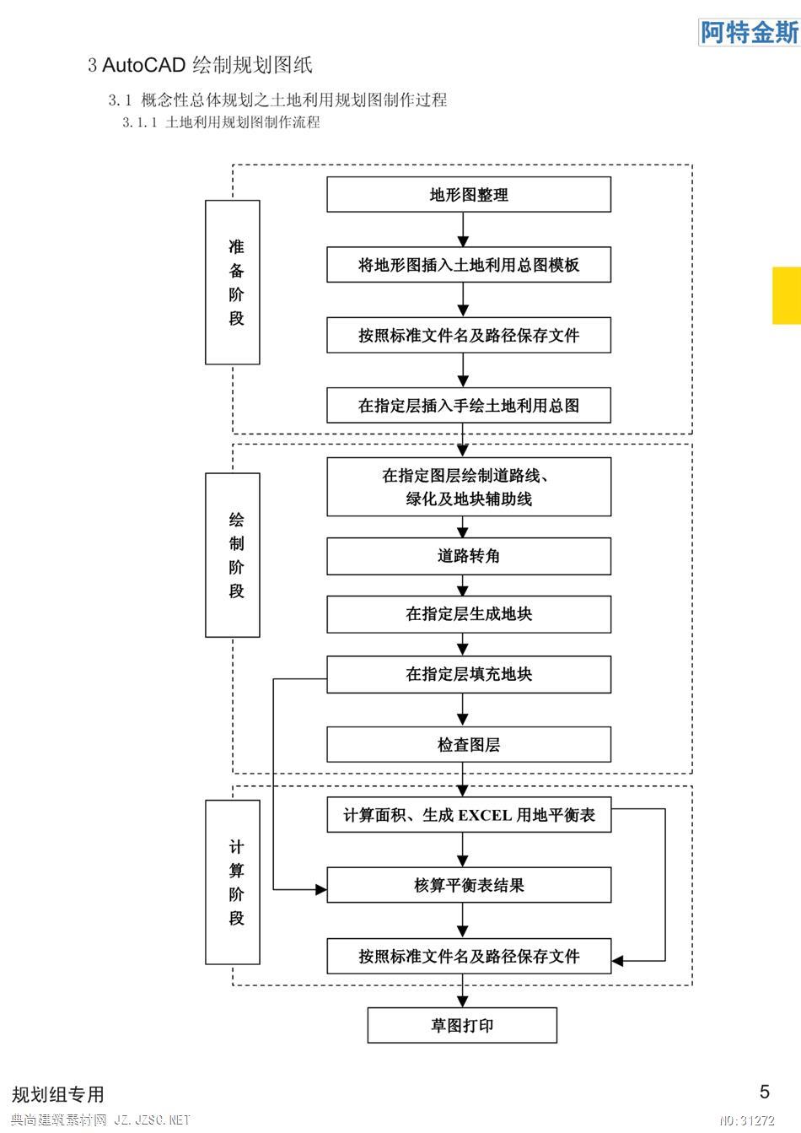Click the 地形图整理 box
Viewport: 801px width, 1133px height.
tap(469, 194)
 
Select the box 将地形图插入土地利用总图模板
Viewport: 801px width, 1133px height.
tap(469, 265)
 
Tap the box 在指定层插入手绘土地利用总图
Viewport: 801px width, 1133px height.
tap(469, 405)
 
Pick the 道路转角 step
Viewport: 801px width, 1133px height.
tap(469, 556)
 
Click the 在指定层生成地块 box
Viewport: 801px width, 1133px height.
tap(469, 614)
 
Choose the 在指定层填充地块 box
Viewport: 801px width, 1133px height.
tap(469, 674)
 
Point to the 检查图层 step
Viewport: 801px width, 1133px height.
tap(469, 745)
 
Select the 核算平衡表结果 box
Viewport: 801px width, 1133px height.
tap(469, 885)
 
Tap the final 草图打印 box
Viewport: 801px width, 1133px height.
tap(462, 1025)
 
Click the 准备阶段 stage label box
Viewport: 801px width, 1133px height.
tap(233, 283)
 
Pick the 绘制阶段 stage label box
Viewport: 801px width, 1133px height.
tap(233, 555)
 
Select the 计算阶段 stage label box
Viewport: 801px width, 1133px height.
tap(233, 882)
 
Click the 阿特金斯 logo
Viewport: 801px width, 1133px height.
tap(750, 33)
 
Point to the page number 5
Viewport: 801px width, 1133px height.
tap(765, 1092)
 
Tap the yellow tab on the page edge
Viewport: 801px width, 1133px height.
tap(787, 295)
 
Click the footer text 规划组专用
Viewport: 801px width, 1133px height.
tap(57, 1094)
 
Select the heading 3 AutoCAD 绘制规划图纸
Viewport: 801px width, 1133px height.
tap(200, 65)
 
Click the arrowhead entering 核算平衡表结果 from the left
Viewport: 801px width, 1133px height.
tap(321, 889)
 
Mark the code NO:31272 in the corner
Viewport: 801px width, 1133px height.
tap(747, 1120)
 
